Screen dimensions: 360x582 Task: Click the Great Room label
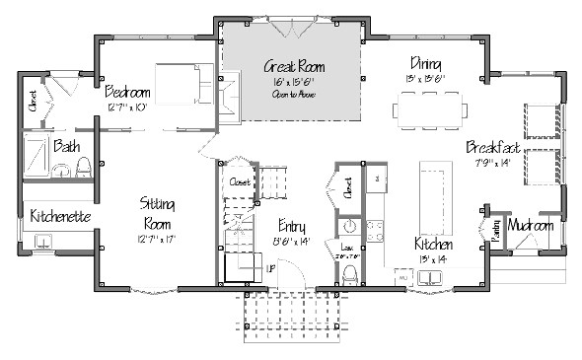tap(294, 67)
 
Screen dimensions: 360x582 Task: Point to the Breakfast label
tap(492, 147)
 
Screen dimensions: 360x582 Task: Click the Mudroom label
tap(531, 226)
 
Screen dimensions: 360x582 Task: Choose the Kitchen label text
tap(434, 244)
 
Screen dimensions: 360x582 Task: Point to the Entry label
tap(291, 224)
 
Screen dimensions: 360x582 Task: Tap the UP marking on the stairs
tap(270, 268)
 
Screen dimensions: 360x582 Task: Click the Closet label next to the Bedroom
tap(33, 103)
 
